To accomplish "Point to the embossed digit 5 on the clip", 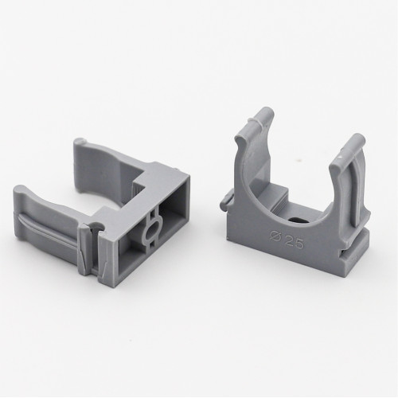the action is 300,244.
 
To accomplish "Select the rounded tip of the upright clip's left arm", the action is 266,113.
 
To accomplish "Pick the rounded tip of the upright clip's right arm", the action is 358,139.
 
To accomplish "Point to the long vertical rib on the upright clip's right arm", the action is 352,189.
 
